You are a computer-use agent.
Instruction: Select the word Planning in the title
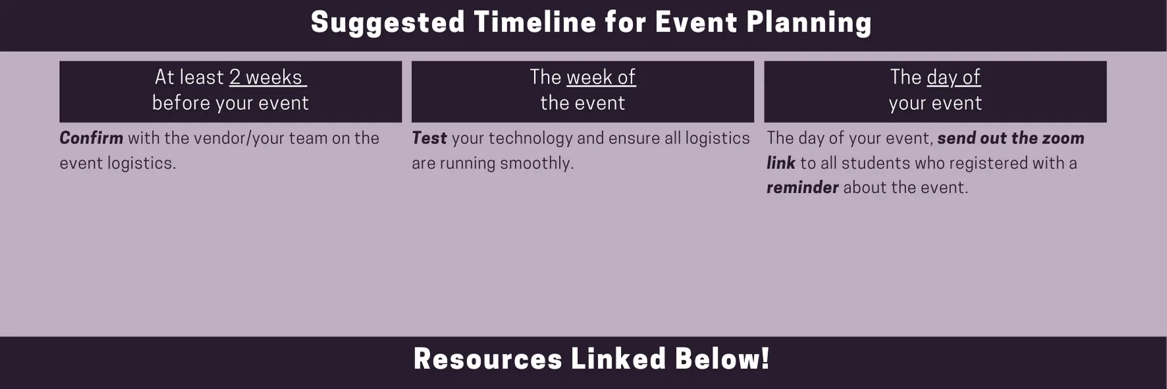pos(809,23)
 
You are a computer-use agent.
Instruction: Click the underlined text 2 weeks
pos(266,78)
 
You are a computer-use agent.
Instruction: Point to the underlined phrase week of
pos(601,78)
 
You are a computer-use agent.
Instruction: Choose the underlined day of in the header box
pos(953,78)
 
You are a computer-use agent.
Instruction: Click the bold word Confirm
pos(91,138)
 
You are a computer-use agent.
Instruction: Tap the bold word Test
pos(429,138)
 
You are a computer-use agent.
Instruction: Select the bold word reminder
pos(802,188)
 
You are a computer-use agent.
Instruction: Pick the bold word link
pos(780,163)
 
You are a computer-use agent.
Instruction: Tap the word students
pos(874,163)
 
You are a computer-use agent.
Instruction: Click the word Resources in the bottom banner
pos(487,359)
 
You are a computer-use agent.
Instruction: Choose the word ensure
pos(637,138)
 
